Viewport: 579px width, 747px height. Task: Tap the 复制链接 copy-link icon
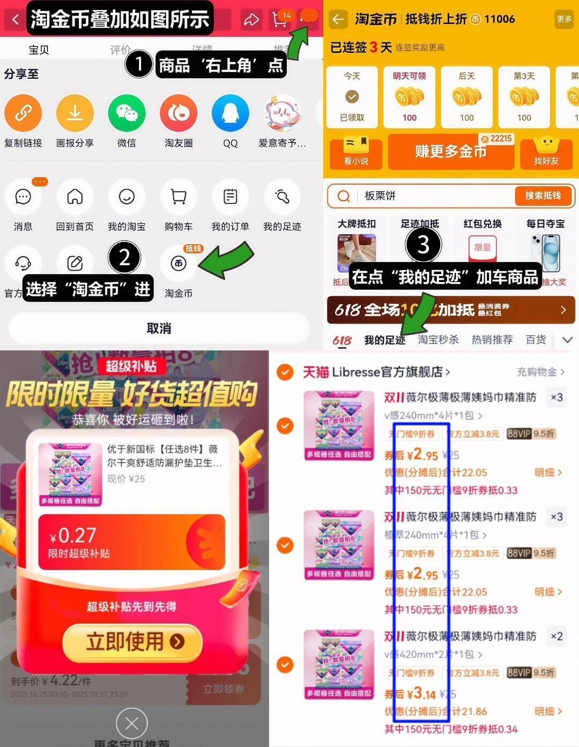click(x=23, y=113)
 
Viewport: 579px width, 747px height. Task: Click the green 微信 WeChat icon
click(x=127, y=113)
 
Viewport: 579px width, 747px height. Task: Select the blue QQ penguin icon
click(x=230, y=113)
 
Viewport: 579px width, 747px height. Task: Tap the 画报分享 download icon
click(x=75, y=113)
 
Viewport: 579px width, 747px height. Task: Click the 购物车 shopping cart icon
click(x=179, y=197)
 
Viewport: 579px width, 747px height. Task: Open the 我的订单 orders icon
click(x=230, y=197)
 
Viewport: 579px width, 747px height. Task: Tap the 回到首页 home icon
click(x=75, y=197)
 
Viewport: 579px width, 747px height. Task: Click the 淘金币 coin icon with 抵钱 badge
click(x=179, y=263)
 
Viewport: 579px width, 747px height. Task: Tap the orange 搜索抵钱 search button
click(x=543, y=196)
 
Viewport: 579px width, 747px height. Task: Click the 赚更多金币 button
click(x=450, y=152)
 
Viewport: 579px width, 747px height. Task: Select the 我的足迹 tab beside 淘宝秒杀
click(x=384, y=340)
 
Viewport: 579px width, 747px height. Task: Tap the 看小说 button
click(x=356, y=152)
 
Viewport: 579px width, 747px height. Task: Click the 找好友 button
click(x=546, y=152)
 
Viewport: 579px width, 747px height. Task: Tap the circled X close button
click(x=132, y=723)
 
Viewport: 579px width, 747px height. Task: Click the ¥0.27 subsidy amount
click(x=73, y=536)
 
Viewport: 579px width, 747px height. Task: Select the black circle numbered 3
click(x=424, y=245)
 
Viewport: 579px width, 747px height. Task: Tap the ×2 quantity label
click(x=556, y=636)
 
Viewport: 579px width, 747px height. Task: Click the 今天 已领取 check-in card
click(x=352, y=97)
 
